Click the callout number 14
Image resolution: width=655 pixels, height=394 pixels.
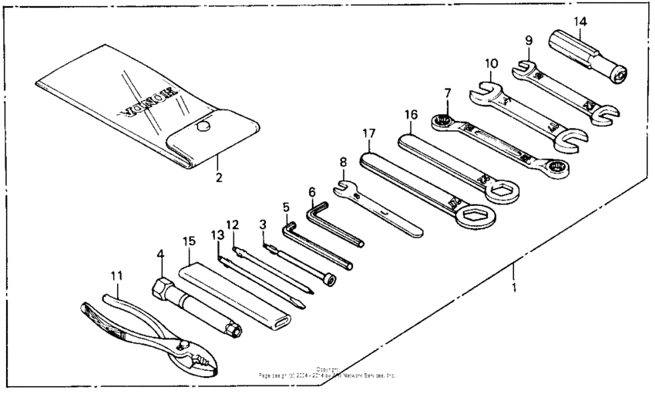579,20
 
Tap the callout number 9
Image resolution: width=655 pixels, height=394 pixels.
528,41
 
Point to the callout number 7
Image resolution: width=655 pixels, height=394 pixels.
447,93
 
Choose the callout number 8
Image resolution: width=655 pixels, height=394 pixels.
343,163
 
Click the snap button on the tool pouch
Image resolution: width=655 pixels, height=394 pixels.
204,125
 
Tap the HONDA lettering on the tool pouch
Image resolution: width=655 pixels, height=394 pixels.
147,102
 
